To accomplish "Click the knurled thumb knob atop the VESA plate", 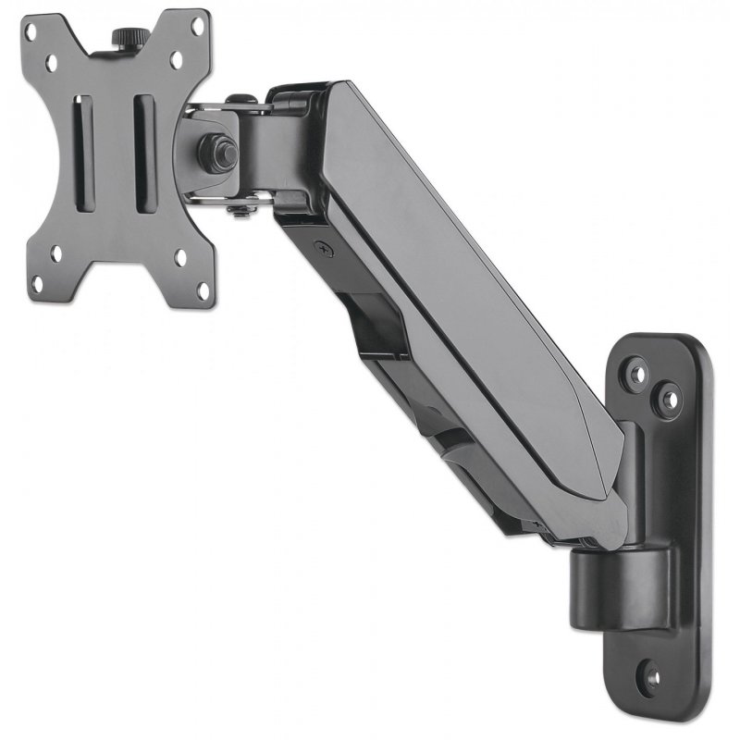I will click(123, 37).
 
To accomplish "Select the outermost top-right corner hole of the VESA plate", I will click(203, 27).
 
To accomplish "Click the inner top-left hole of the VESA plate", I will click(56, 62).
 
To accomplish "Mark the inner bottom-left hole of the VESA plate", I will click(58, 252).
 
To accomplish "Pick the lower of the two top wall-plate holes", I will click(666, 400).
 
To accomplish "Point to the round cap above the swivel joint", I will click(239, 98).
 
